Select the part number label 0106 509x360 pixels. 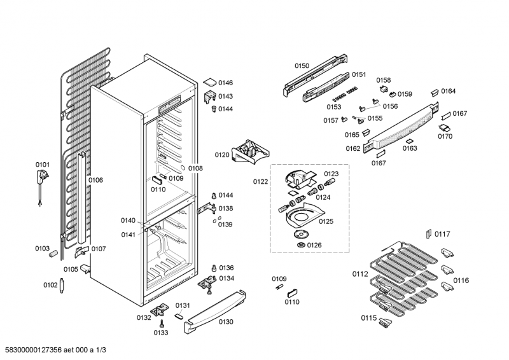pyautogui.click(x=95, y=180)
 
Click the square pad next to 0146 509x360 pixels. pyautogui.click(x=209, y=82)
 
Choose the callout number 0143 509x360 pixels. pyautogui.click(x=225, y=96)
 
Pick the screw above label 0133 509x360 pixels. pyautogui.click(x=162, y=323)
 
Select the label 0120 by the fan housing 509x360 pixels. pyautogui.click(x=221, y=155)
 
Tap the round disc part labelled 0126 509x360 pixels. pyautogui.click(x=300, y=245)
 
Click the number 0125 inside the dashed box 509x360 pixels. pyautogui.click(x=326, y=221)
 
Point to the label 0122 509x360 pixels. pyautogui.click(x=260, y=181)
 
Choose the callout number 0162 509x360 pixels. pyautogui.click(x=353, y=148)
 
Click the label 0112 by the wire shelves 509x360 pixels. pyautogui.click(x=360, y=274)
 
